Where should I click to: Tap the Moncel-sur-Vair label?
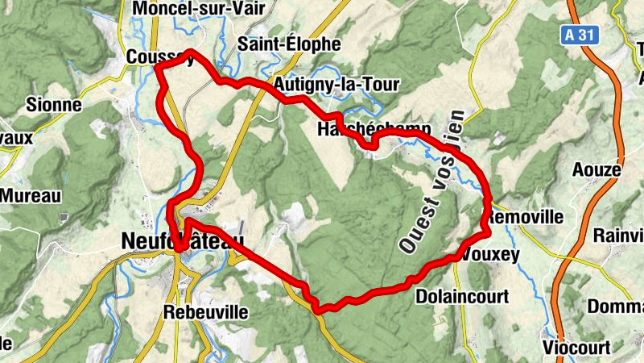coord(188,8)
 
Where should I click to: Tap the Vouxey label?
coord(493,255)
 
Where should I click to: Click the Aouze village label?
coord(597,170)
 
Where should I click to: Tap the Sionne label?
coord(54,105)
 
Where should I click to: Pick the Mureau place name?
coord(31,195)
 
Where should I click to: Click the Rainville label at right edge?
coord(618,235)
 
